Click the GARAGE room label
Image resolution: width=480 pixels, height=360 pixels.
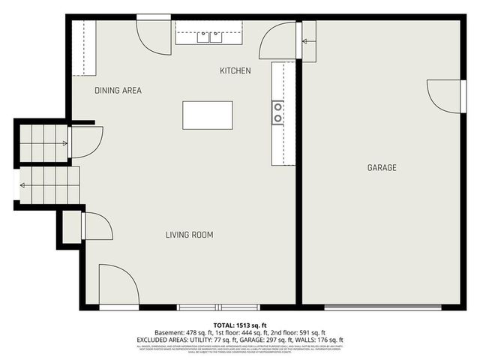pos(382,167)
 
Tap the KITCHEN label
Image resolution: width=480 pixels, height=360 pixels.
pos(235,71)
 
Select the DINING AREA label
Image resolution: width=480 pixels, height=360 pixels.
pos(118,91)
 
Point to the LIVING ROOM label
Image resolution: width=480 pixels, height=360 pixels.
pos(189,235)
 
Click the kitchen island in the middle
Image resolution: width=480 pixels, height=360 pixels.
pos(207,115)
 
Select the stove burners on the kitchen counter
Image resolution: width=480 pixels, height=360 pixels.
pos(277,112)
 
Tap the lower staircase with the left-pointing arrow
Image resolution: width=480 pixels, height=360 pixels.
pos(48,186)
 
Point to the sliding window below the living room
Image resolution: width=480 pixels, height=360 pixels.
pos(218,307)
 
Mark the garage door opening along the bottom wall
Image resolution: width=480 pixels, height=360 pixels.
pos(382,307)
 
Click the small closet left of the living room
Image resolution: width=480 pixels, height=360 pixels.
pos(72,226)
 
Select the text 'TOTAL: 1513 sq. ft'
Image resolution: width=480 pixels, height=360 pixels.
pos(240,325)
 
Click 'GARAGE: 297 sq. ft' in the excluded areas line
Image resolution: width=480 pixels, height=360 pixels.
pos(281,339)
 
